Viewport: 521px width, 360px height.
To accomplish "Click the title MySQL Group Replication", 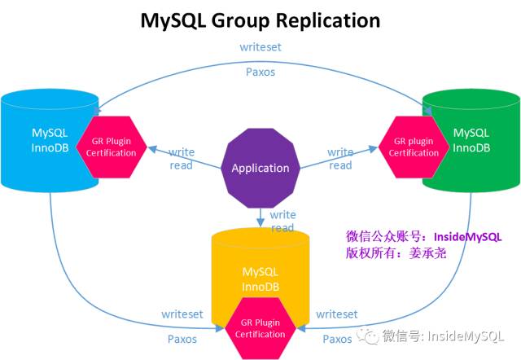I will (260, 19).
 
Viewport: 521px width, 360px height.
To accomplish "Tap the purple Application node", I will (260, 168).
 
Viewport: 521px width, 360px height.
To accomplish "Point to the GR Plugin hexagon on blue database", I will (112, 147).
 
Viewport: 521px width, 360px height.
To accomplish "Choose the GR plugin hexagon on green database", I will (414, 147).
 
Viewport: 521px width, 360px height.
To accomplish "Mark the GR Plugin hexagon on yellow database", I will (260, 328).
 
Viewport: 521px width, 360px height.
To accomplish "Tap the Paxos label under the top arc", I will (261, 72).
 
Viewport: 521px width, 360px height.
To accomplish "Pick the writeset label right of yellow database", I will (337, 314).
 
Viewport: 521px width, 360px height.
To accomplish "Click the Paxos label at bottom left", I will (182, 338).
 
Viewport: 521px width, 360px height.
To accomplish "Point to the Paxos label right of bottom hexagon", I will (337, 338).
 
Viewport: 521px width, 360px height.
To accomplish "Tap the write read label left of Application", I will (181, 159).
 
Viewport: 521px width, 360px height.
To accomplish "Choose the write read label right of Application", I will (340, 159).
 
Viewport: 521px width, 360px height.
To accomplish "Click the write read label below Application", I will (282, 222).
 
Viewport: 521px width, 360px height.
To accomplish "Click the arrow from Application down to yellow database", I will (260, 213).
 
